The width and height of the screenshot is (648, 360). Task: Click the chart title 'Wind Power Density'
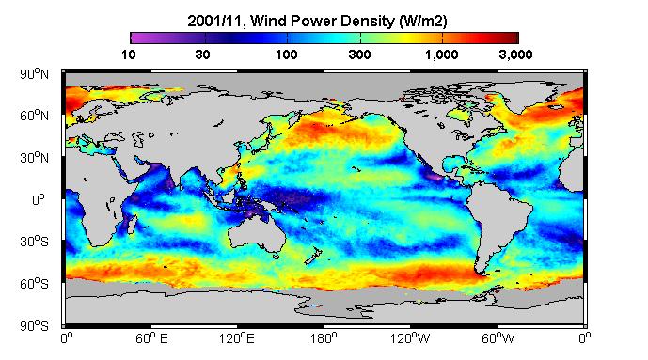(323, 21)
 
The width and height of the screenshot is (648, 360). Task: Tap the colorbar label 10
(129, 55)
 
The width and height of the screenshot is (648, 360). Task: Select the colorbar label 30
(202, 55)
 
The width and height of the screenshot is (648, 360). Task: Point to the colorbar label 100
(287, 55)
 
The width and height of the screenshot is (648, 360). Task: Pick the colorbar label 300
(359, 55)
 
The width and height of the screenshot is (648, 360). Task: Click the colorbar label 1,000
(442, 55)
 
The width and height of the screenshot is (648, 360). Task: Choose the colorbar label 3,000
(515, 55)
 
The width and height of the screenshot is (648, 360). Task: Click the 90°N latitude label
(34, 74)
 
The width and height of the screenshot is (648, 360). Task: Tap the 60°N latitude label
(34, 116)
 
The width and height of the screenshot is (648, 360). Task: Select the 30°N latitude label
(34, 158)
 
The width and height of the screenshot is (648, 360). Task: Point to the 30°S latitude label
(34, 242)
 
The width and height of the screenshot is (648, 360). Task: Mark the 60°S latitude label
(34, 284)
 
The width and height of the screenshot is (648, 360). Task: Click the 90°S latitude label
(34, 326)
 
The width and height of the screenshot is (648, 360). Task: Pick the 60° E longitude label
(151, 339)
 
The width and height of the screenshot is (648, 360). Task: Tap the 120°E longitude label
(237, 339)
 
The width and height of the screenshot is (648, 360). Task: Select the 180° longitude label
(324, 339)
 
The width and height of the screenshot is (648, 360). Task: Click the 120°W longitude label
(410, 339)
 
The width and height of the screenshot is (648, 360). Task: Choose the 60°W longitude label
(498, 339)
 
